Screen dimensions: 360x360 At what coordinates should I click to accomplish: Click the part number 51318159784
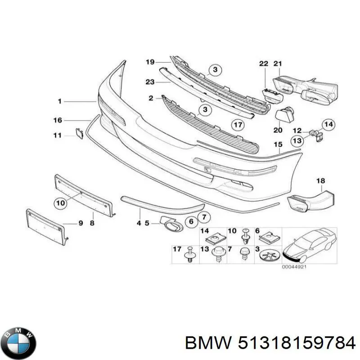click(270, 343)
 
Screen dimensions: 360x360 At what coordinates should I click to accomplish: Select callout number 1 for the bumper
click(59, 102)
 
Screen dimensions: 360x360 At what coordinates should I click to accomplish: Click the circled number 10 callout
click(60, 203)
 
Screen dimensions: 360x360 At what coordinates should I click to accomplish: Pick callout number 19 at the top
click(150, 62)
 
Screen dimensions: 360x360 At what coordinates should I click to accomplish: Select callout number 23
click(150, 82)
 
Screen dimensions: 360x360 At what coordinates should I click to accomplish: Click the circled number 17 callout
click(237, 125)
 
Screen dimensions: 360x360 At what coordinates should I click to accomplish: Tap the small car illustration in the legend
click(311, 246)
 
